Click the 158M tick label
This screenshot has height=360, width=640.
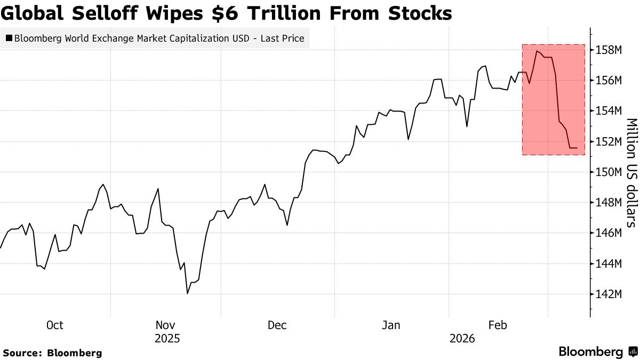(x=609, y=50)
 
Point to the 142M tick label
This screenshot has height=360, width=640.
(x=609, y=294)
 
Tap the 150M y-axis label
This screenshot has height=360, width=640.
(x=609, y=172)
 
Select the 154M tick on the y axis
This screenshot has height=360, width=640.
(x=609, y=111)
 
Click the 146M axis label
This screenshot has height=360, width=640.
(x=609, y=233)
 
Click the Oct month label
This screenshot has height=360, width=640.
(x=54, y=325)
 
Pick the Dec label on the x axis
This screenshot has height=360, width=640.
(x=277, y=325)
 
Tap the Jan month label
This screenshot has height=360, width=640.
(x=391, y=325)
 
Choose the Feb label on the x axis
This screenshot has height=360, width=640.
(x=497, y=325)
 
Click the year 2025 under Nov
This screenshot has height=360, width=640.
(x=167, y=339)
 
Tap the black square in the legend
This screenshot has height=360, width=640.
(x=9, y=38)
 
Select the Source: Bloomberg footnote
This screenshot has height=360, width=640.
(x=52, y=353)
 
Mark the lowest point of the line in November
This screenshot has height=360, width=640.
(x=188, y=293)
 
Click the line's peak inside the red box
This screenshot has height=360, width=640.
(x=537, y=51)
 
